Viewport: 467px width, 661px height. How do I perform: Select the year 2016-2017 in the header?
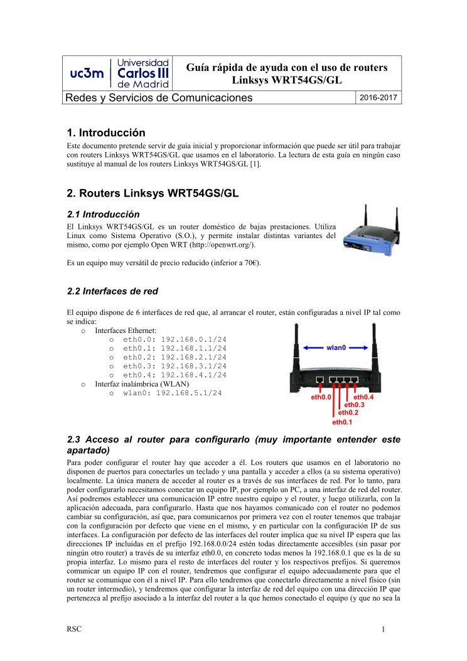378,97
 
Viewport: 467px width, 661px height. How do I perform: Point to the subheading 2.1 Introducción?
103,214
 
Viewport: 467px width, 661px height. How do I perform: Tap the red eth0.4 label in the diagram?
364,397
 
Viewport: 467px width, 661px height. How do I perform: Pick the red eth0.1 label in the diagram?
342,422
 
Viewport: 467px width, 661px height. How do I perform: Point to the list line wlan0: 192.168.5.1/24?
172,393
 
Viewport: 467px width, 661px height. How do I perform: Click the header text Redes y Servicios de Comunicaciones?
159,97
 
